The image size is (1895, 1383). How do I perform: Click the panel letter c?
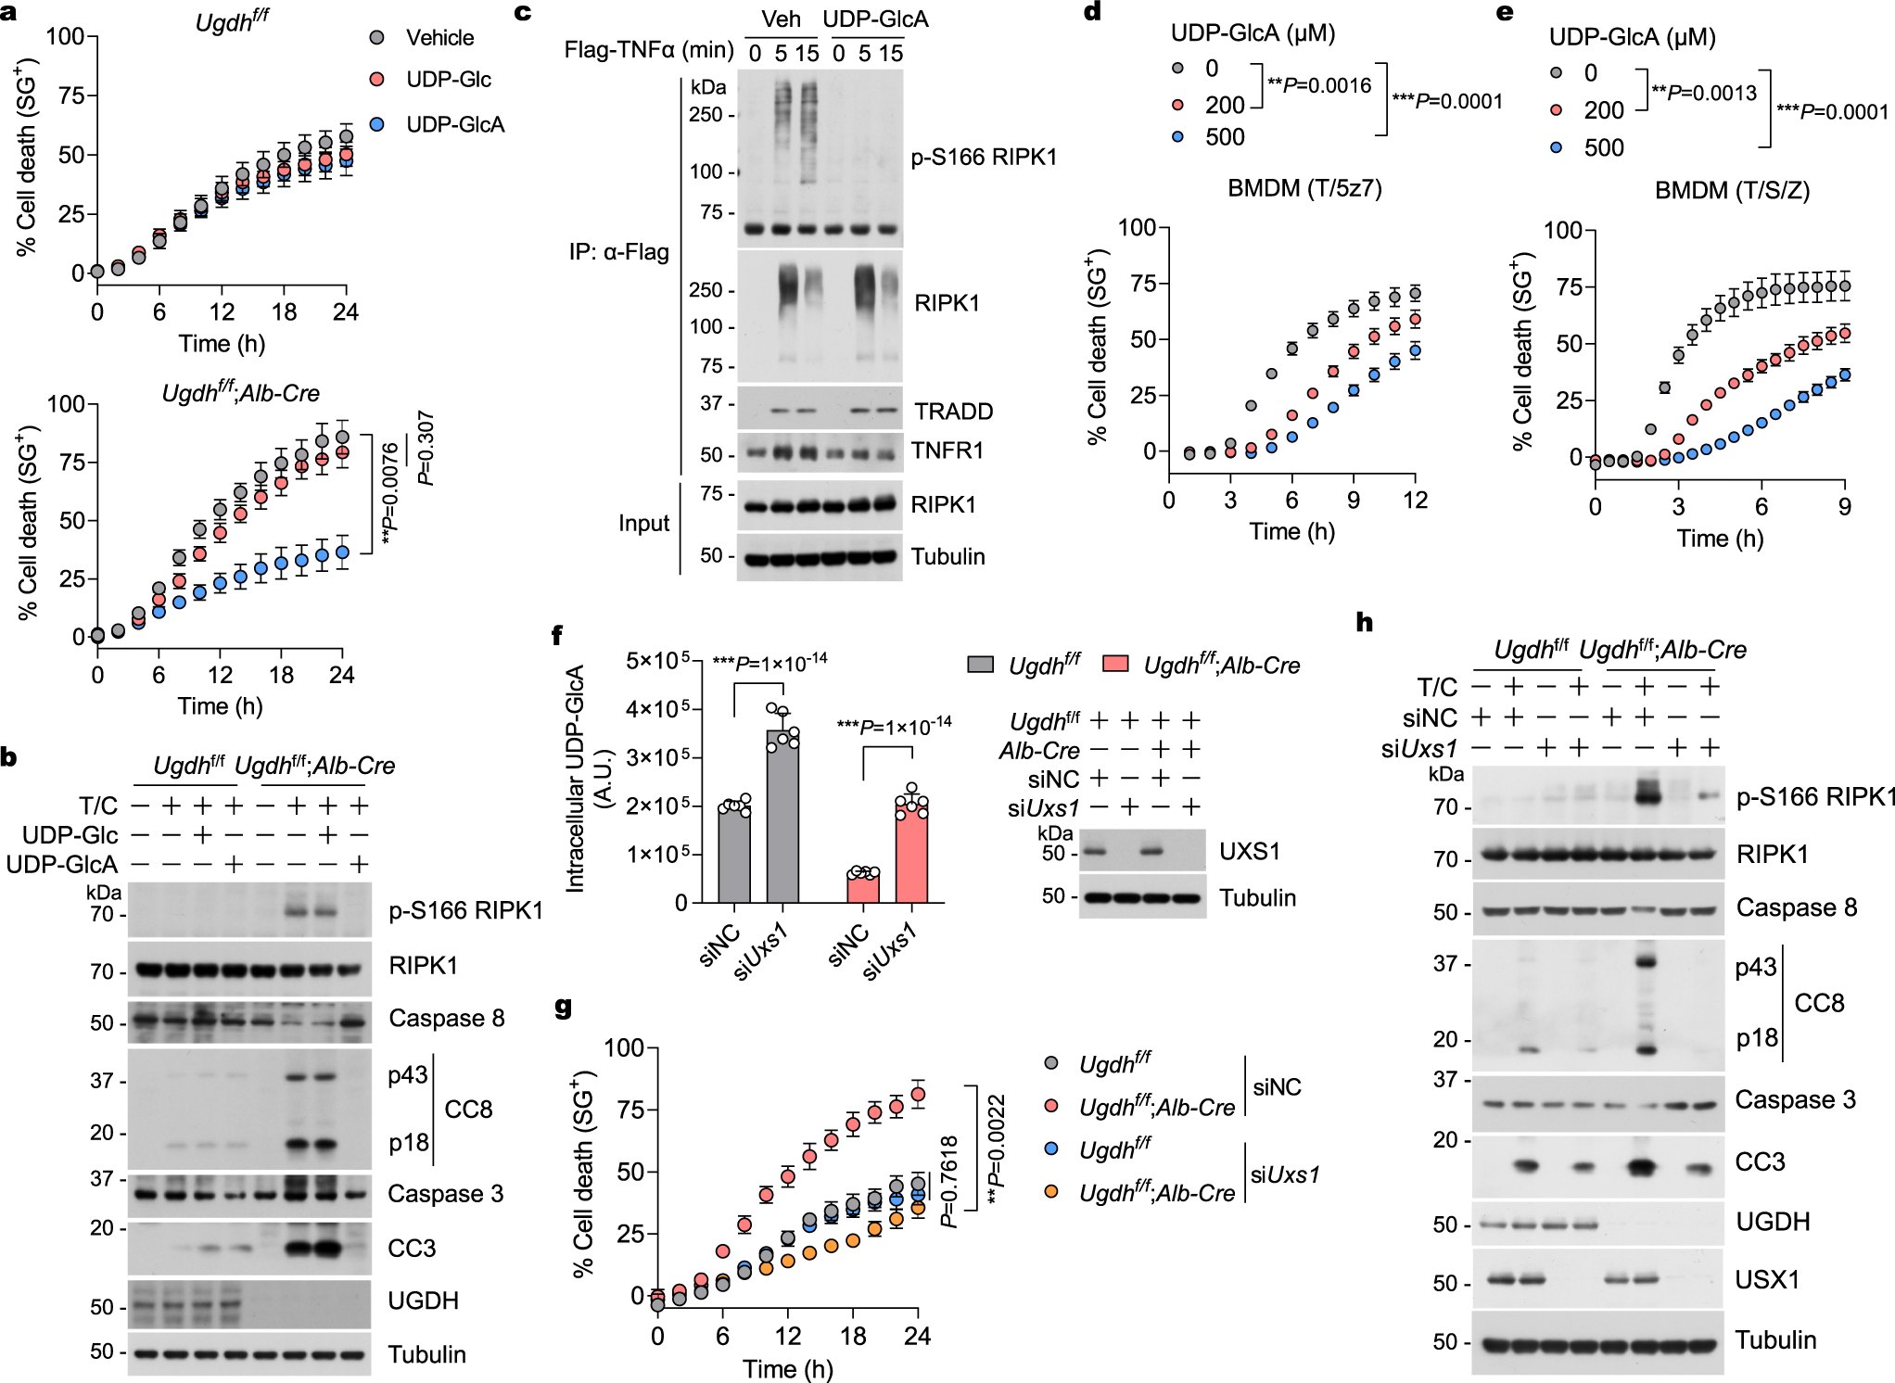[523, 12]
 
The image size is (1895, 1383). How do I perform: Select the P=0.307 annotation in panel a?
[426, 448]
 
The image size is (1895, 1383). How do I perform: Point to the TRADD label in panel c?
[953, 411]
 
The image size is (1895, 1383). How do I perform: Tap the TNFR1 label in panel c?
[947, 450]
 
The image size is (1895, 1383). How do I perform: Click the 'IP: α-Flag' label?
[618, 251]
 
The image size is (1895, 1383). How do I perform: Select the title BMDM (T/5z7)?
[1304, 189]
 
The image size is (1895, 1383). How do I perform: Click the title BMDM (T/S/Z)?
[1732, 191]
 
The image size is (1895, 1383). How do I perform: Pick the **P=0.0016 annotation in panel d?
[1318, 85]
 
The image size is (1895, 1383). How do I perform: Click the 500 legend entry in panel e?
[1603, 147]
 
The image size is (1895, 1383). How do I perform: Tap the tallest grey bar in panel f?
[782, 816]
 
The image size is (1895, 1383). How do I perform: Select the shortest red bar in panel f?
[863, 887]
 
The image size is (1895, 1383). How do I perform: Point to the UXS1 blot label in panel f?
[1249, 851]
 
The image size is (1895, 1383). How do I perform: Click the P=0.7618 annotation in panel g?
[948, 1182]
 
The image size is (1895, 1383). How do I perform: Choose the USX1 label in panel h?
[1766, 1279]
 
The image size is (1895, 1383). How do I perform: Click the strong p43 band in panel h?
[1646, 961]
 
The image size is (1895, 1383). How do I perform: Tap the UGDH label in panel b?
[423, 1301]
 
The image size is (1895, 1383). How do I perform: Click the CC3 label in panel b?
[411, 1248]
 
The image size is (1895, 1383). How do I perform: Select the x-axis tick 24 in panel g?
[917, 1336]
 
